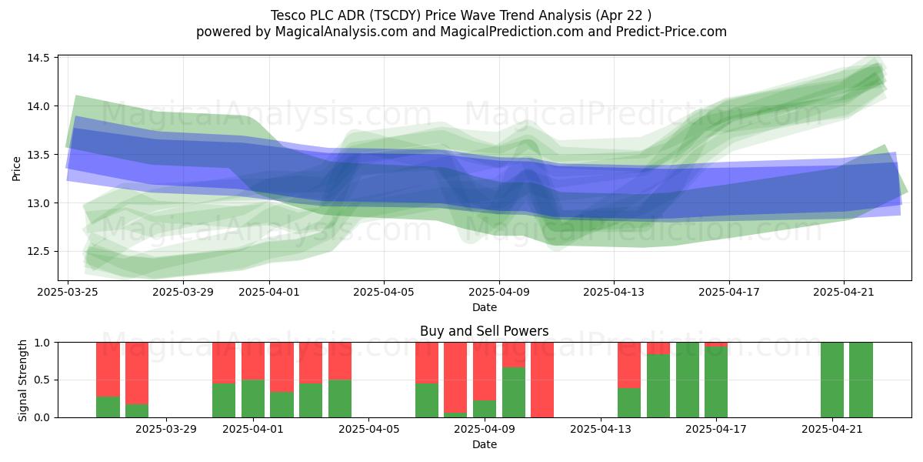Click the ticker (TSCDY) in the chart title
[x=395, y=15]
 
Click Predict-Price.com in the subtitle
[x=671, y=32]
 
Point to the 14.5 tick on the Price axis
[x=38, y=58]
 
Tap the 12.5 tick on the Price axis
[x=38, y=251]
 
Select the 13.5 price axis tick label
[x=38, y=155]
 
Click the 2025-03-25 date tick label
[x=68, y=292]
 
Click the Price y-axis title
[x=16, y=169]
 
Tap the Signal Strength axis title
[x=22, y=380]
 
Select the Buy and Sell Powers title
[x=484, y=331]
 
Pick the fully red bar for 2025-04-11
[x=542, y=380]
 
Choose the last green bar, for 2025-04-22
[x=861, y=380]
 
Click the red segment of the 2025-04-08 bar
[x=455, y=377]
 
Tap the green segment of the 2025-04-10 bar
[x=514, y=392]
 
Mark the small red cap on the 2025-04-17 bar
[x=716, y=344]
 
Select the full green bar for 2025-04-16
[x=688, y=380]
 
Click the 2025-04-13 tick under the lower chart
[x=601, y=430]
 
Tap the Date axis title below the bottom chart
[x=484, y=445]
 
